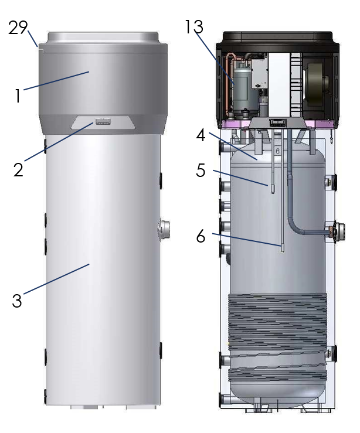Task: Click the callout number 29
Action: tap(18, 28)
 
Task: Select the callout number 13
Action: tap(193, 26)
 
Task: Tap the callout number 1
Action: tap(18, 96)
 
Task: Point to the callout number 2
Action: tap(19, 170)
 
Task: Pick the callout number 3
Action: tap(17, 301)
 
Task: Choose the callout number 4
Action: tap(201, 135)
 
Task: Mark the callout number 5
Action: tap(201, 170)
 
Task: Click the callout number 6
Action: tap(201, 236)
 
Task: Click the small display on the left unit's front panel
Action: tap(103, 121)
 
